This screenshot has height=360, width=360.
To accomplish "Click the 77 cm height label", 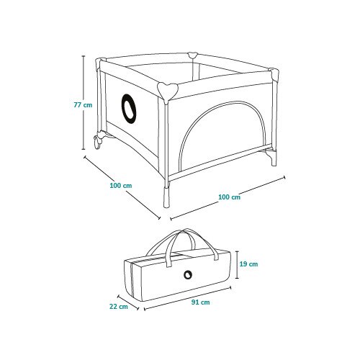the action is click(83, 105).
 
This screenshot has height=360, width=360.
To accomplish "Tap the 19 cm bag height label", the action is click(248, 264).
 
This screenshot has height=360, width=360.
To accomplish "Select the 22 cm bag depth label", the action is click(119, 307).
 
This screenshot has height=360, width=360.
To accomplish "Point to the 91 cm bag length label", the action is click(200, 302).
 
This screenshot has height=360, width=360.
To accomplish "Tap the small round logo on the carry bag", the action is click(188, 275).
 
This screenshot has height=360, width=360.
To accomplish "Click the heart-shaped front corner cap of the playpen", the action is click(168, 91).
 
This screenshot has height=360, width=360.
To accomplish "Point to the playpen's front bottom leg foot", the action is click(166, 197).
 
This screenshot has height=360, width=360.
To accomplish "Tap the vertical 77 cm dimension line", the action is click(84, 102).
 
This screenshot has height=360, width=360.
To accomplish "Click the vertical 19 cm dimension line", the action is click(238, 265).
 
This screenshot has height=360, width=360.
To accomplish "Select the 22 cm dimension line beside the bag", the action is click(128, 302).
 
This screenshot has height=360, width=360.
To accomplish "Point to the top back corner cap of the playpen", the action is click(192, 55).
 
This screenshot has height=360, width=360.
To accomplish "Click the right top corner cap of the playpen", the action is click(274, 74).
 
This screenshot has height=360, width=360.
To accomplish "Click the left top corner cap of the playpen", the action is click(99, 63).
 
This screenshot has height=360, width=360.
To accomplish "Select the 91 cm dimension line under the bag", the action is click(187, 297).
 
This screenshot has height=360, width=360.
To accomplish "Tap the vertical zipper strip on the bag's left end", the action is click(132, 280).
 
